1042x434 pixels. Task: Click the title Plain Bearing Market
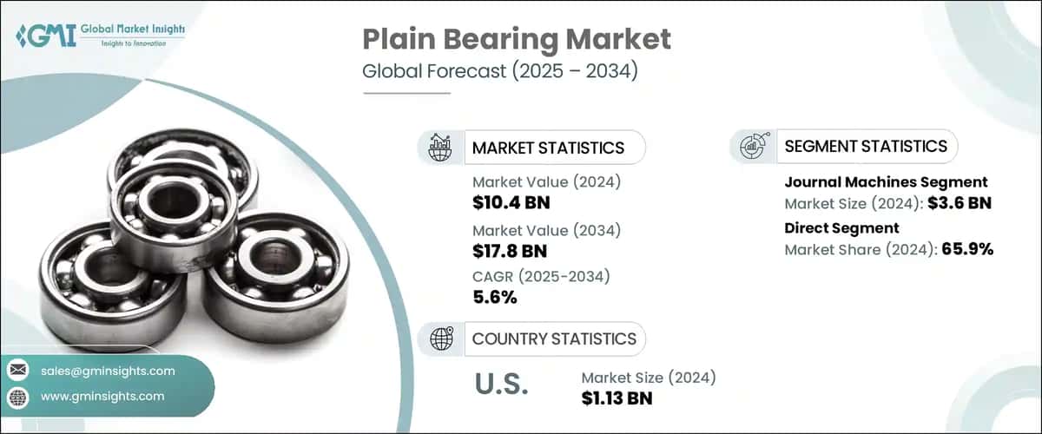(x=516, y=39)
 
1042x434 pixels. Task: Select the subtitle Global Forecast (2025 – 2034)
(x=499, y=71)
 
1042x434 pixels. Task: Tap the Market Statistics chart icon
(x=440, y=147)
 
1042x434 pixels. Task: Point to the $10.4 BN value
(x=511, y=204)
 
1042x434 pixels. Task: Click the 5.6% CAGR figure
(x=495, y=299)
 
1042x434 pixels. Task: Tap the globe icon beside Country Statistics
(x=440, y=339)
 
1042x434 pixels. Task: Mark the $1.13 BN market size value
(x=617, y=398)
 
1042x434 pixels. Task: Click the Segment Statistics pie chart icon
(x=752, y=146)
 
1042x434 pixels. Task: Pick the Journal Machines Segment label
(x=886, y=182)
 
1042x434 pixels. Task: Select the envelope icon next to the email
(x=18, y=371)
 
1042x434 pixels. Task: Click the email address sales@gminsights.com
(x=107, y=371)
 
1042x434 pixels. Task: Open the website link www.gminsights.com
(x=102, y=396)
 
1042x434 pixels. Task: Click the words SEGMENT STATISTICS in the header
(x=865, y=146)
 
